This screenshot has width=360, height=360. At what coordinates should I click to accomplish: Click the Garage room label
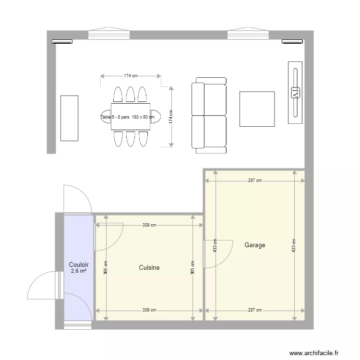click(x=254, y=245)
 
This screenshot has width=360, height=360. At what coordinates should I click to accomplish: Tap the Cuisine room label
click(x=149, y=267)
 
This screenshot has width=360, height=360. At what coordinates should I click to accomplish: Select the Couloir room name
click(x=78, y=264)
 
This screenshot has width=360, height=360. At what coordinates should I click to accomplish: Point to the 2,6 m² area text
click(x=78, y=271)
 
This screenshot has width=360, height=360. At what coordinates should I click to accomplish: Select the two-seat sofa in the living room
click(x=209, y=115)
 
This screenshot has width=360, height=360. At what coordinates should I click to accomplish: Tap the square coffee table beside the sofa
click(x=257, y=109)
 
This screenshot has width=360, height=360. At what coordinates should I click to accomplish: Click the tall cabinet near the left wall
click(x=69, y=118)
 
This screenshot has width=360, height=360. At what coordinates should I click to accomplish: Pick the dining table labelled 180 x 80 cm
click(x=130, y=116)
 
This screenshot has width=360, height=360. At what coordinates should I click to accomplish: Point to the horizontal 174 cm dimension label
click(x=131, y=76)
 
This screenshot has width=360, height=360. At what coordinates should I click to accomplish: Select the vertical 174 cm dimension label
click(x=171, y=117)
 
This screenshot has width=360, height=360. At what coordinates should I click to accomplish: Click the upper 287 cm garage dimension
click(x=255, y=180)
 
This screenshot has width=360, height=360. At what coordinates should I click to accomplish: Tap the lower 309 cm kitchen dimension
click(x=149, y=310)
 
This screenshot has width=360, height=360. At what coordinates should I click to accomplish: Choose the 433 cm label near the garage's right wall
click(x=294, y=246)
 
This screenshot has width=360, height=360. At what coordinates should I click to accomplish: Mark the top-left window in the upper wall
click(x=109, y=34)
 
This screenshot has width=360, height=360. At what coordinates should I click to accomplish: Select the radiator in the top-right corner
click(x=292, y=42)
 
